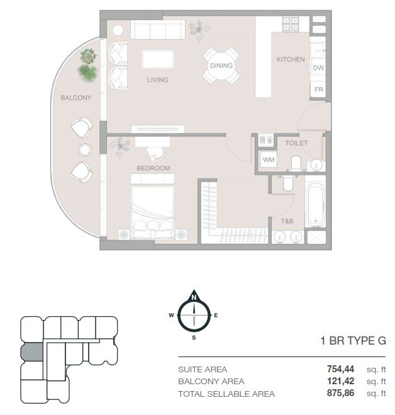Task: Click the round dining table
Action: tap(221, 65)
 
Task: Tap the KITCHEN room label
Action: tap(291, 59)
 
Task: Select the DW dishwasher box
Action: tap(318, 69)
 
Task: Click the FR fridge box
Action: tap(318, 90)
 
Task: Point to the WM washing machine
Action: tap(268, 160)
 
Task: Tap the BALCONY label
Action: tap(75, 97)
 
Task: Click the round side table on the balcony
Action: tap(85, 150)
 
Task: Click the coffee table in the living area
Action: tap(158, 59)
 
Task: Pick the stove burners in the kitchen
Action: tap(291, 25)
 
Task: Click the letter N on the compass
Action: tap(194, 297)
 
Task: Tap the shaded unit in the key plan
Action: tap(32, 352)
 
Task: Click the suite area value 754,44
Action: tap(340, 369)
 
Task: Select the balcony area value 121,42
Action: tap(340, 381)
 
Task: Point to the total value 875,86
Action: tap(340, 393)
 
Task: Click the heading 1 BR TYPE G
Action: tap(353, 341)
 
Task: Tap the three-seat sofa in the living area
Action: tap(158, 30)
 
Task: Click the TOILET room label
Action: tap(296, 143)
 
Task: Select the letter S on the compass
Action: tap(194, 338)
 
